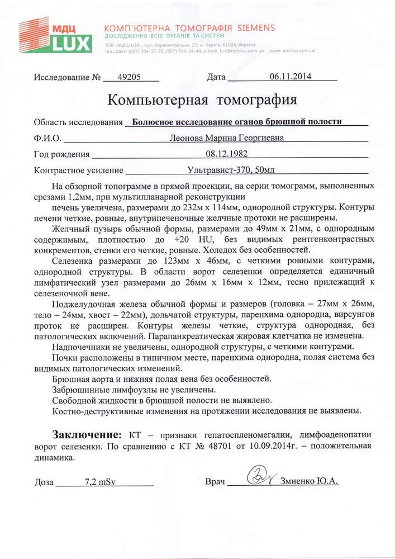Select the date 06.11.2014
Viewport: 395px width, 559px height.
291,77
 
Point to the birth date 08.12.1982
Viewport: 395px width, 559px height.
226,154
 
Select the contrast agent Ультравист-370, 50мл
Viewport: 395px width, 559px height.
230,169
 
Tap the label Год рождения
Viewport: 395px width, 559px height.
61,154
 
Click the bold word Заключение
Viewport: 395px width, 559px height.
86,434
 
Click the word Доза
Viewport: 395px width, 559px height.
44,481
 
